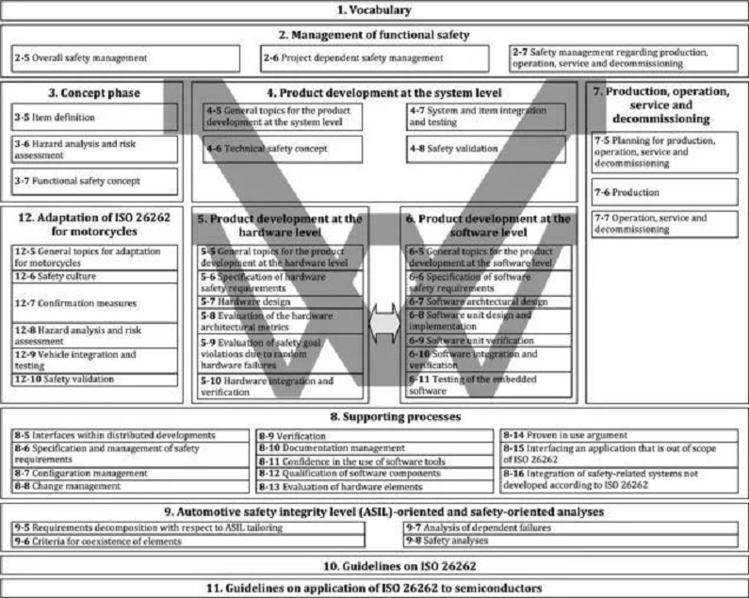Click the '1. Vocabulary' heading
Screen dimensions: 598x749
[374, 10]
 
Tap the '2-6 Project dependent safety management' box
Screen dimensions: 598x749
[375, 58]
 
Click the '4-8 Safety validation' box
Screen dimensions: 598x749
[482, 149]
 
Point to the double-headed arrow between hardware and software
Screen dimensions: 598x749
[384, 323]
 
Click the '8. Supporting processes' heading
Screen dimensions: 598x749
[374, 415]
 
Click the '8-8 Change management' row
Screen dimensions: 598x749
[128, 487]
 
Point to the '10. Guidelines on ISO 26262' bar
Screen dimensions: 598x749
[374, 565]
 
